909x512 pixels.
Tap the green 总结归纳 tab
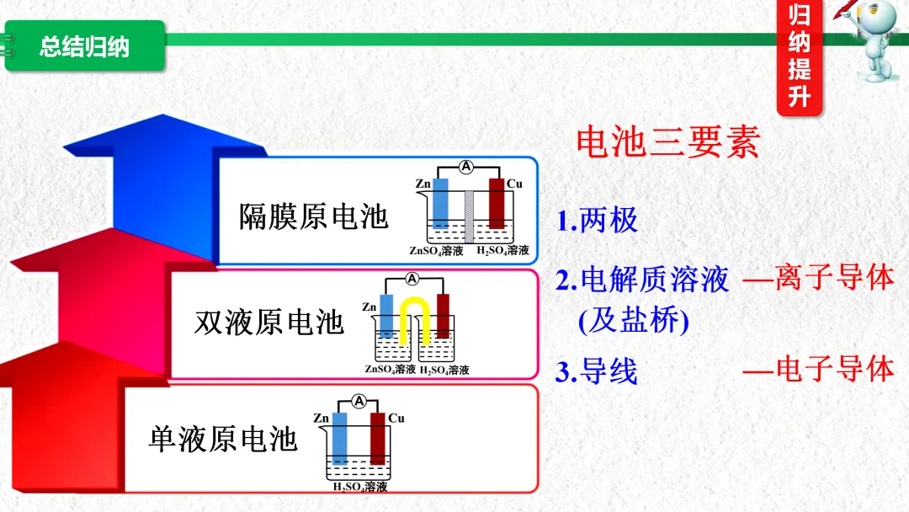click(84, 46)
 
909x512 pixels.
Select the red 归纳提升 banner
click(799, 56)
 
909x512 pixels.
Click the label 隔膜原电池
click(313, 216)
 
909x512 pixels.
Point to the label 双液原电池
click(269, 323)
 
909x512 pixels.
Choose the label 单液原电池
click(223, 439)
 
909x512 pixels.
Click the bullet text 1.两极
click(597, 221)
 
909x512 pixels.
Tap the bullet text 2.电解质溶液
click(641, 280)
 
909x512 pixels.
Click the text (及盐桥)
click(622, 321)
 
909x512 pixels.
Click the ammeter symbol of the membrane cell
click(465, 167)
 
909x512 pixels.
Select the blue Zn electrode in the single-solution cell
click(340, 438)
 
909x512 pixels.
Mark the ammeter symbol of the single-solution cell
click(359, 402)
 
